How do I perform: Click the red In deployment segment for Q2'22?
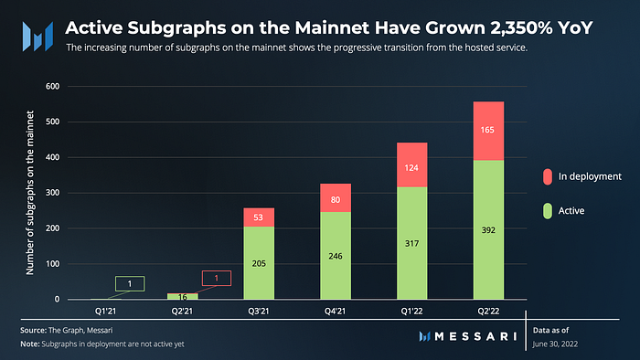tap(488, 131)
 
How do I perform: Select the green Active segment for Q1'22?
tap(411, 243)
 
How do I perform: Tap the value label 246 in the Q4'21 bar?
tap(336, 256)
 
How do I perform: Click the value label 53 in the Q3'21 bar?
tap(258, 217)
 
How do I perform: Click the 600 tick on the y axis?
tap(52, 86)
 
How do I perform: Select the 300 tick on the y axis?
tap(52, 193)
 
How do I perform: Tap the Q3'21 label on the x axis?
tap(259, 311)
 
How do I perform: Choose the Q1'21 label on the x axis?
tap(105, 311)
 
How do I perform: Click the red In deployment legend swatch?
tap(548, 176)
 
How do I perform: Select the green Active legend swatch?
tap(548, 211)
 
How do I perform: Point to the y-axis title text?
tap(30, 193)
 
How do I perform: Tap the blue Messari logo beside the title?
tap(37, 37)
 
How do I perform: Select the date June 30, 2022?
tap(555, 344)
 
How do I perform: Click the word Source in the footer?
tap(33, 330)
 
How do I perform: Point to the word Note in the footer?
tap(30, 344)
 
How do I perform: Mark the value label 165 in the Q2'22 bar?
tap(487, 130)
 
